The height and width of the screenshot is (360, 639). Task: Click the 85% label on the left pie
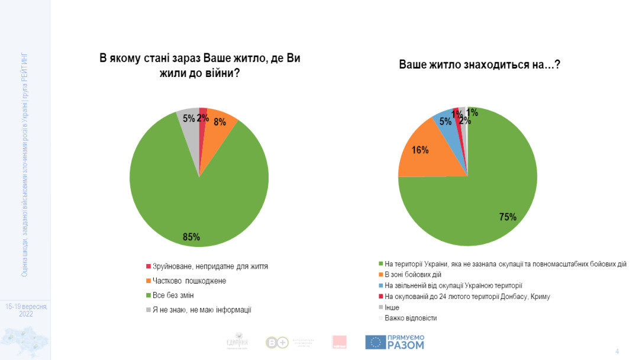coord(191,237)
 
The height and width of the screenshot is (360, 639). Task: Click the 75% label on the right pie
coord(508,217)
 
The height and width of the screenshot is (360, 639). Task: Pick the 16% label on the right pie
coord(420,150)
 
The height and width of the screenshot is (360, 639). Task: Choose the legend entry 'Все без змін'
coord(173,295)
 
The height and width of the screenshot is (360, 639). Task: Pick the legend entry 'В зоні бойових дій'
coord(412,275)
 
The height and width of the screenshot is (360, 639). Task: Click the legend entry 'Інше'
coord(392,307)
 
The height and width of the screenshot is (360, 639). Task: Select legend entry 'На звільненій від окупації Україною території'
coord(453,285)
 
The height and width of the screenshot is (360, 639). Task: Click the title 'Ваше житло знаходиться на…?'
coord(479,65)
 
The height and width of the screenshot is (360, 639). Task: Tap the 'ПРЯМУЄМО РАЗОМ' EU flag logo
coord(395,342)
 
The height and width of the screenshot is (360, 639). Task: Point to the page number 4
coord(617,351)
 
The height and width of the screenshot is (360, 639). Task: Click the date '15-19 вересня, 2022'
coord(25,310)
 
